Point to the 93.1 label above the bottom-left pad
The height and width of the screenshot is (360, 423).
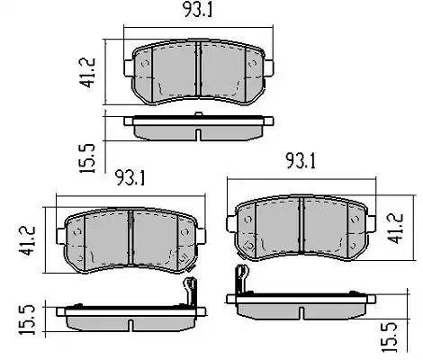click(x=130, y=176)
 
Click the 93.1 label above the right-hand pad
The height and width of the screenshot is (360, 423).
click(x=301, y=163)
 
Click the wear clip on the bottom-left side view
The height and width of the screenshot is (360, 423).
click(x=189, y=292)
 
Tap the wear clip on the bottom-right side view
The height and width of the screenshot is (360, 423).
click(x=239, y=281)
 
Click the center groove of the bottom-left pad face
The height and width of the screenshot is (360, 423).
click(x=131, y=241)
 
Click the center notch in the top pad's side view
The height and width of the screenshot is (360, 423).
click(x=197, y=134)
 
